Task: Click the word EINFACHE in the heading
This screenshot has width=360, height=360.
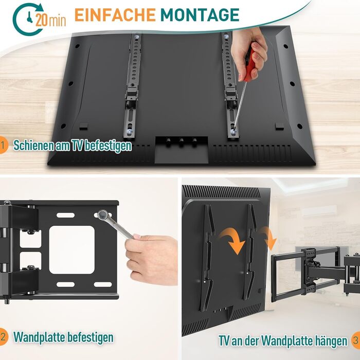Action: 115,15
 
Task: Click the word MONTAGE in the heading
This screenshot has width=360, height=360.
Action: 200,15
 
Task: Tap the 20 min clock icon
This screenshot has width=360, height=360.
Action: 29,20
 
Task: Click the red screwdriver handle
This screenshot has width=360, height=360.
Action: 250,65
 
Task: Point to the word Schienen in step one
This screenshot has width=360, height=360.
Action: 34,146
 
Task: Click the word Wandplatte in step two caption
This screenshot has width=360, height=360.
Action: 39,337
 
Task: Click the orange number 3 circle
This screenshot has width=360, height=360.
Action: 356,340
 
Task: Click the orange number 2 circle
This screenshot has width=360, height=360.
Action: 4,337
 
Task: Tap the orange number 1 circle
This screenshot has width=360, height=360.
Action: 4,145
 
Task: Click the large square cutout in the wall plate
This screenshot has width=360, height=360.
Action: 72,250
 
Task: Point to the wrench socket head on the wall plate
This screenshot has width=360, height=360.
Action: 102,215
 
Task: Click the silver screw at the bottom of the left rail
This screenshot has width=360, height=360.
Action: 130,132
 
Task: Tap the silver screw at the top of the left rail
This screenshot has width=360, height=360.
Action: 137,37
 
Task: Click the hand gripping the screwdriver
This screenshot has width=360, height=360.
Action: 249,53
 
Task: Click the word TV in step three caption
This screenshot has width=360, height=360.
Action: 224,340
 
